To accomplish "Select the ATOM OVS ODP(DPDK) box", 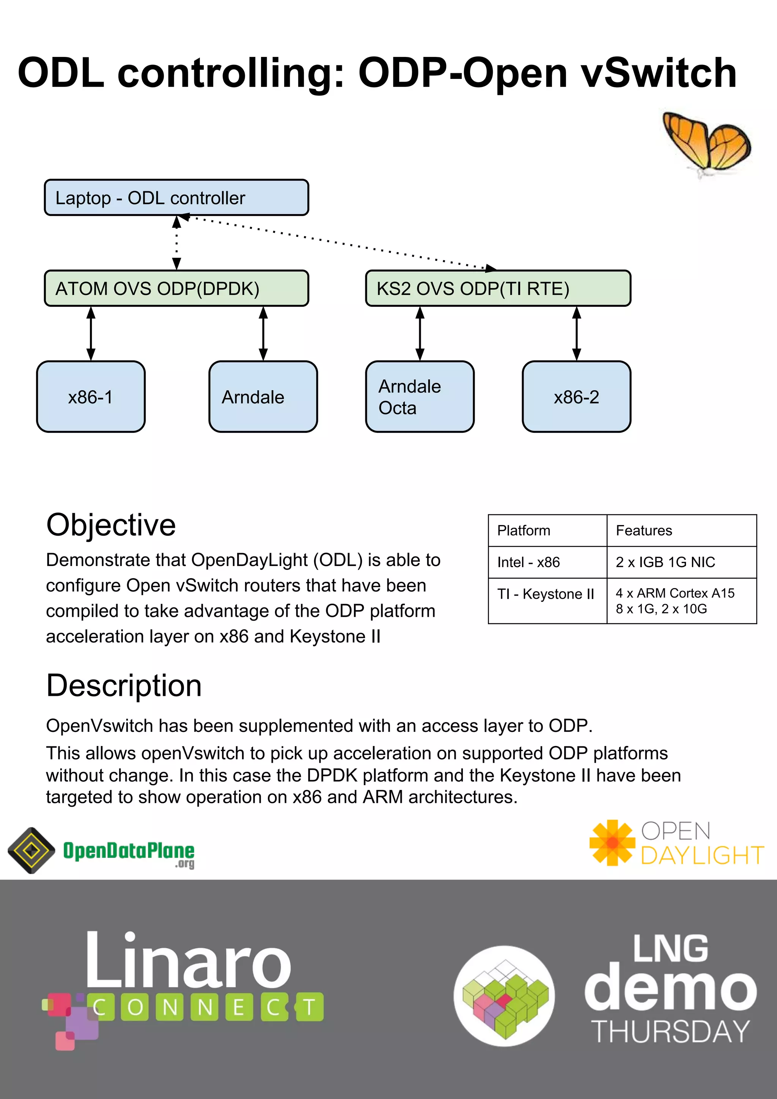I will point(176,288).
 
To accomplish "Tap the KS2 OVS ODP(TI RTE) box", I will point(498,288).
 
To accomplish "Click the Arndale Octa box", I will point(420,397).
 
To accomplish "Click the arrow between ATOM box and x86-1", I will point(91,334).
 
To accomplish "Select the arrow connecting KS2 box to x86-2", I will point(577,334).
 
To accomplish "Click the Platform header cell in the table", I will point(547,530).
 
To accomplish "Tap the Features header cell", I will point(681,530).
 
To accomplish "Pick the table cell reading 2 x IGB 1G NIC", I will point(681,562).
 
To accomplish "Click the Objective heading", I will point(111,525).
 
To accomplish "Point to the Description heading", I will point(124,686).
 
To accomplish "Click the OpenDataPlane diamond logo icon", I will point(31,850).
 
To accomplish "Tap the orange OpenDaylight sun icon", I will point(612,842).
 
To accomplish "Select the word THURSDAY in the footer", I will point(670,1031).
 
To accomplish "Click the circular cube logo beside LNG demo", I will point(504,996).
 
